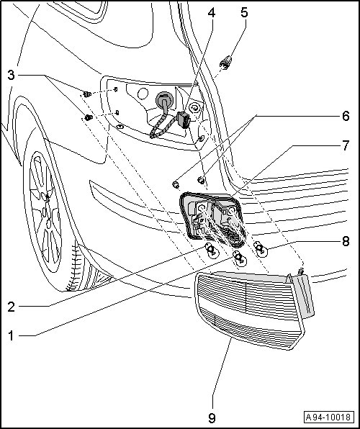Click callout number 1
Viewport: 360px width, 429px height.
[11, 335]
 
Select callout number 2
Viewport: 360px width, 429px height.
[12, 307]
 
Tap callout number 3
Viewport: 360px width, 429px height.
[11, 75]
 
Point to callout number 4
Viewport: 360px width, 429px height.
[212, 13]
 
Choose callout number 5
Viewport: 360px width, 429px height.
[244, 12]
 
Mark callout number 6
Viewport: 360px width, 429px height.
[346, 116]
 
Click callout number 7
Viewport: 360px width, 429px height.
[346, 145]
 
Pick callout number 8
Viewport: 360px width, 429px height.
[346, 242]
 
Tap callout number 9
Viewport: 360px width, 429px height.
[212, 417]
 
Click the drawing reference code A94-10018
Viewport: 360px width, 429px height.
[328, 417]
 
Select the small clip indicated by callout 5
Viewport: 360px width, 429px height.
[225, 62]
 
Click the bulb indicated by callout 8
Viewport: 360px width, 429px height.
[260, 249]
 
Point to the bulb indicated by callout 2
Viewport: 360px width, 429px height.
[212, 250]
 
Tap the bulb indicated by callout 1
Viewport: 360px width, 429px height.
[239, 258]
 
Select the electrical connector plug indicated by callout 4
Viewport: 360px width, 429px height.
[182, 119]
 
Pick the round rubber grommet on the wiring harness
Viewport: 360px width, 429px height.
[165, 100]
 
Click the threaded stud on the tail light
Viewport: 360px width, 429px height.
[300, 271]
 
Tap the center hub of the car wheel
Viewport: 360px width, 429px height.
[45, 212]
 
